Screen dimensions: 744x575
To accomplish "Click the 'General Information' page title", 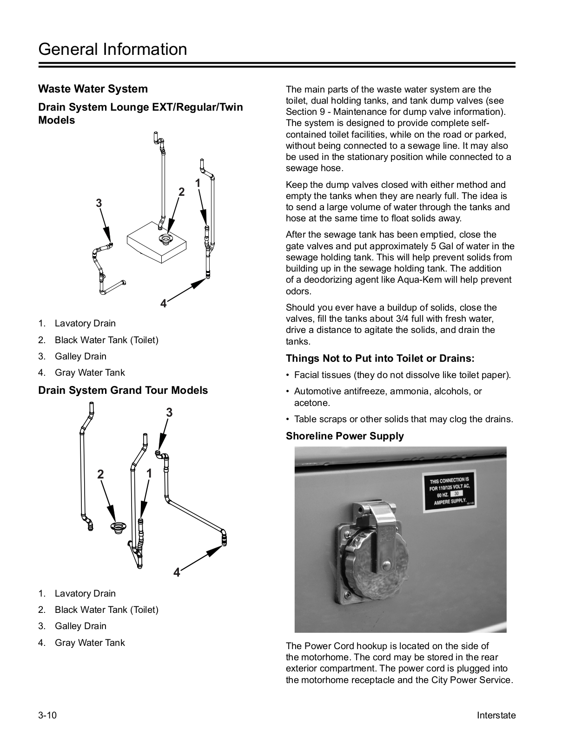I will pos(112,49).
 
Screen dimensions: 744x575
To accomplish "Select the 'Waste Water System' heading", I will pos(93,89).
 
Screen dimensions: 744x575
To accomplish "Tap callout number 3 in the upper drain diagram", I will pos(99,203).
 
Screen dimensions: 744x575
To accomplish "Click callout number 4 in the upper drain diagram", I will pos(163,304).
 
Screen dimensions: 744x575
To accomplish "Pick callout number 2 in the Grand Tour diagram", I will pos(100,474).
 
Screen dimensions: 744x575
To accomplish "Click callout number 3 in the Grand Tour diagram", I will pos(169,412).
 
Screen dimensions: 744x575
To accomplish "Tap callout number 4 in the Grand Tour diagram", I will pos(177,572).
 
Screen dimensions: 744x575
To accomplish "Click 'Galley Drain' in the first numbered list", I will pos(80,356).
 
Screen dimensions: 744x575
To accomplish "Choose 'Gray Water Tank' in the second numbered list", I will pos(90,643).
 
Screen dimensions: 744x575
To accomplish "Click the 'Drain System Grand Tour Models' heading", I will pos(123,390).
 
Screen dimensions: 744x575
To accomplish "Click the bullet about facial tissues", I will pos(402,375).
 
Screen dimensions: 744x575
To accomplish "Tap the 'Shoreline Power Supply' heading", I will pos(345,436).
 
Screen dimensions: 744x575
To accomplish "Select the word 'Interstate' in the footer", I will pos(496,715).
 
